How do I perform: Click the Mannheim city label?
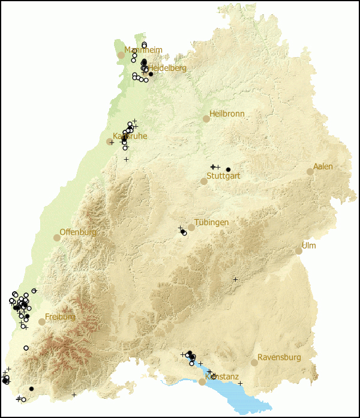pos(143,50)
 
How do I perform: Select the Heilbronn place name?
pos(227,114)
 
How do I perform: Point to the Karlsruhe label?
pos(130,136)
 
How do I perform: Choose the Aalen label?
pos(323,166)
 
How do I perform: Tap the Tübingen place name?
pos(211,222)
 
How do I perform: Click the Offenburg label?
pos(78,232)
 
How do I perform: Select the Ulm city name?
pos(308,246)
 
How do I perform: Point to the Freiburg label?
pos(60,317)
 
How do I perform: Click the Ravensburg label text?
pos(279,357)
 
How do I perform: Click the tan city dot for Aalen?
pos(310,172)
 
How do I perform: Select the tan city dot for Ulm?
pos(299,251)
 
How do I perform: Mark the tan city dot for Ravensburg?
pos(254,363)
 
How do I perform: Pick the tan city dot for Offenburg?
pos(57,238)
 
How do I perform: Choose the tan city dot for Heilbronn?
pos(206,119)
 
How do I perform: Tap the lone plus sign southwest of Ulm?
pos(235,279)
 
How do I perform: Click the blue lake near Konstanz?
pos(240,393)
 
